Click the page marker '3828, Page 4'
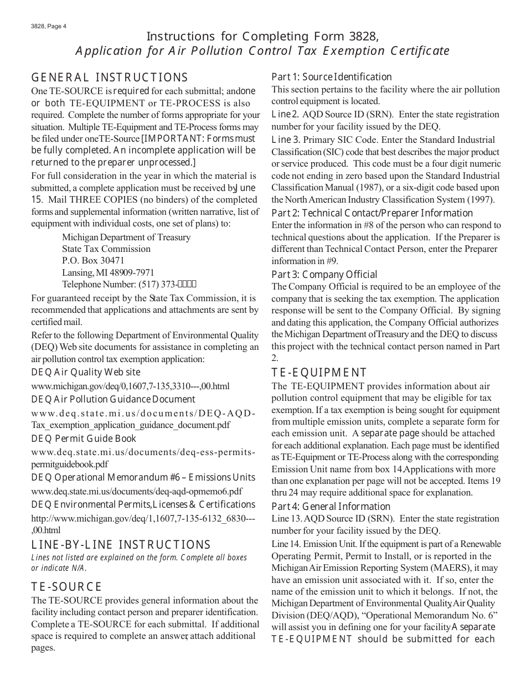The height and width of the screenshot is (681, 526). click(x=49, y=25)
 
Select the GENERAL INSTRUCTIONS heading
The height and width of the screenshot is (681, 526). click(x=110, y=78)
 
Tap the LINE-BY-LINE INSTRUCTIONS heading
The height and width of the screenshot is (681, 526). click(x=121, y=545)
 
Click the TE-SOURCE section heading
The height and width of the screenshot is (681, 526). click(x=66, y=587)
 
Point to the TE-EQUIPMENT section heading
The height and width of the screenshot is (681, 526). click(x=319, y=373)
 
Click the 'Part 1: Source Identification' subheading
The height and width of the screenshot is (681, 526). click(x=331, y=77)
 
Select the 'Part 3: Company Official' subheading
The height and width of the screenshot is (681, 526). click(x=324, y=275)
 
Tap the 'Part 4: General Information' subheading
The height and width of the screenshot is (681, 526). click(x=331, y=507)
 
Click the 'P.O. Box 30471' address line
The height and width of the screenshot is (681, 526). click(x=93, y=260)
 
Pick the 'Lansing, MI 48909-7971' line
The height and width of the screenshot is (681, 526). click(x=108, y=272)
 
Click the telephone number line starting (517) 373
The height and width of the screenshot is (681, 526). click(x=129, y=285)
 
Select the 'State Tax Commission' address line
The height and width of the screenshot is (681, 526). click(x=106, y=249)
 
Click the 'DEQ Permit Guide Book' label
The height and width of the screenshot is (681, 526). click(x=84, y=438)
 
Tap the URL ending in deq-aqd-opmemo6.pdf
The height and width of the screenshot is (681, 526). click(x=137, y=491)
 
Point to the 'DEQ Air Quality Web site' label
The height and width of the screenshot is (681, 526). click(x=86, y=372)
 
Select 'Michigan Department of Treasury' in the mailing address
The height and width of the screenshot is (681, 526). click(x=126, y=237)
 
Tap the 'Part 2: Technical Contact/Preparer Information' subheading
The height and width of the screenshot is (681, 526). click(x=372, y=213)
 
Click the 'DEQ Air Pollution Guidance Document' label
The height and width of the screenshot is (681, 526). click(x=114, y=399)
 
